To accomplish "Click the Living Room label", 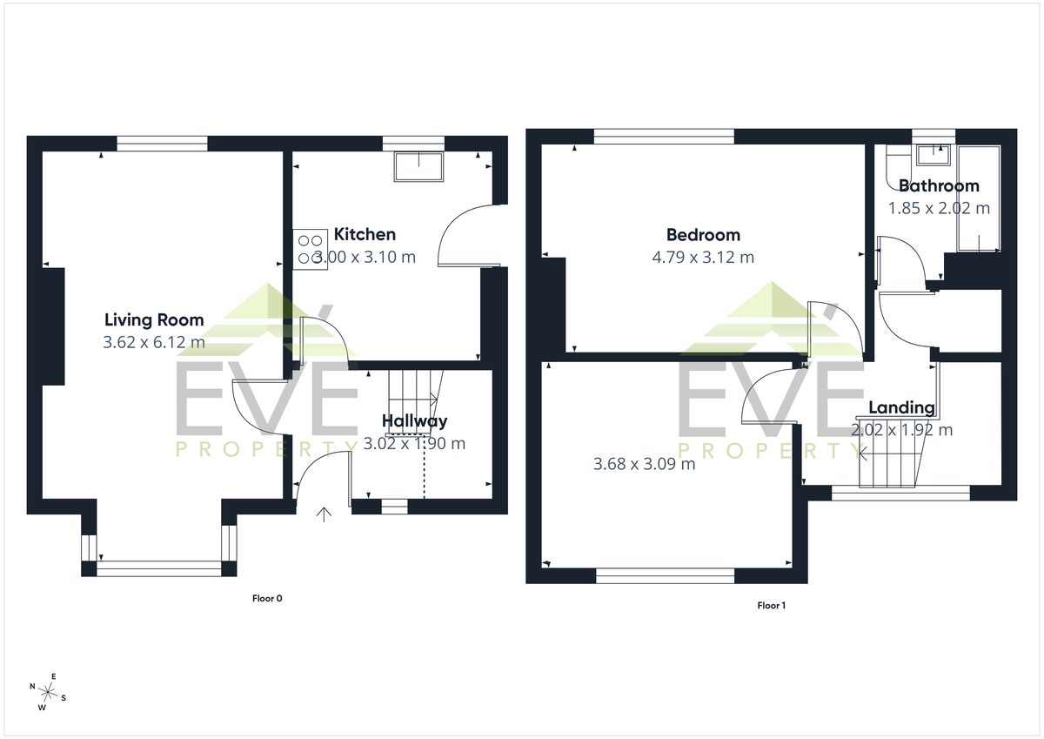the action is pyautogui.click(x=154, y=319).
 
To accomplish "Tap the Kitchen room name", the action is pyautogui.click(x=365, y=234).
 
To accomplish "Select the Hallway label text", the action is pyautogui.click(x=414, y=421).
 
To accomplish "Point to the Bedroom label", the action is pyautogui.click(x=703, y=234).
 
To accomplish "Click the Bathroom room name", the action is pyautogui.click(x=939, y=185).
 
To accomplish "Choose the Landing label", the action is pyautogui.click(x=902, y=407).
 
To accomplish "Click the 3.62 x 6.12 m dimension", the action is pyautogui.click(x=154, y=342).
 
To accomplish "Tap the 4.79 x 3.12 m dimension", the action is pyautogui.click(x=703, y=257).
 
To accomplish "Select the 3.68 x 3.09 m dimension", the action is pyautogui.click(x=644, y=464).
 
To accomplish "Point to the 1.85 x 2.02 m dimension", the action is pyautogui.click(x=939, y=208).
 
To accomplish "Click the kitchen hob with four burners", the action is pyautogui.click(x=311, y=250).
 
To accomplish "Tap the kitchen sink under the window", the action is pyautogui.click(x=418, y=166).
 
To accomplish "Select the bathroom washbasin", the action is pyautogui.click(x=934, y=155).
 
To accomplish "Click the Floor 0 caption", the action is pyautogui.click(x=267, y=598).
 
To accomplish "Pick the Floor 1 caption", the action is pyautogui.click(x=772, y=605).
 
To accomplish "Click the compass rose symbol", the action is pyautogui.click(x=48, y=692).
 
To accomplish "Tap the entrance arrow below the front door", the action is pyautogui.click(x=324, y=514).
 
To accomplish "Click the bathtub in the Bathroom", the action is pyautogui.click(x=979, y=198).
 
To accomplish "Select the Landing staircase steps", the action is pyautogui.click(x=889, y=453).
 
